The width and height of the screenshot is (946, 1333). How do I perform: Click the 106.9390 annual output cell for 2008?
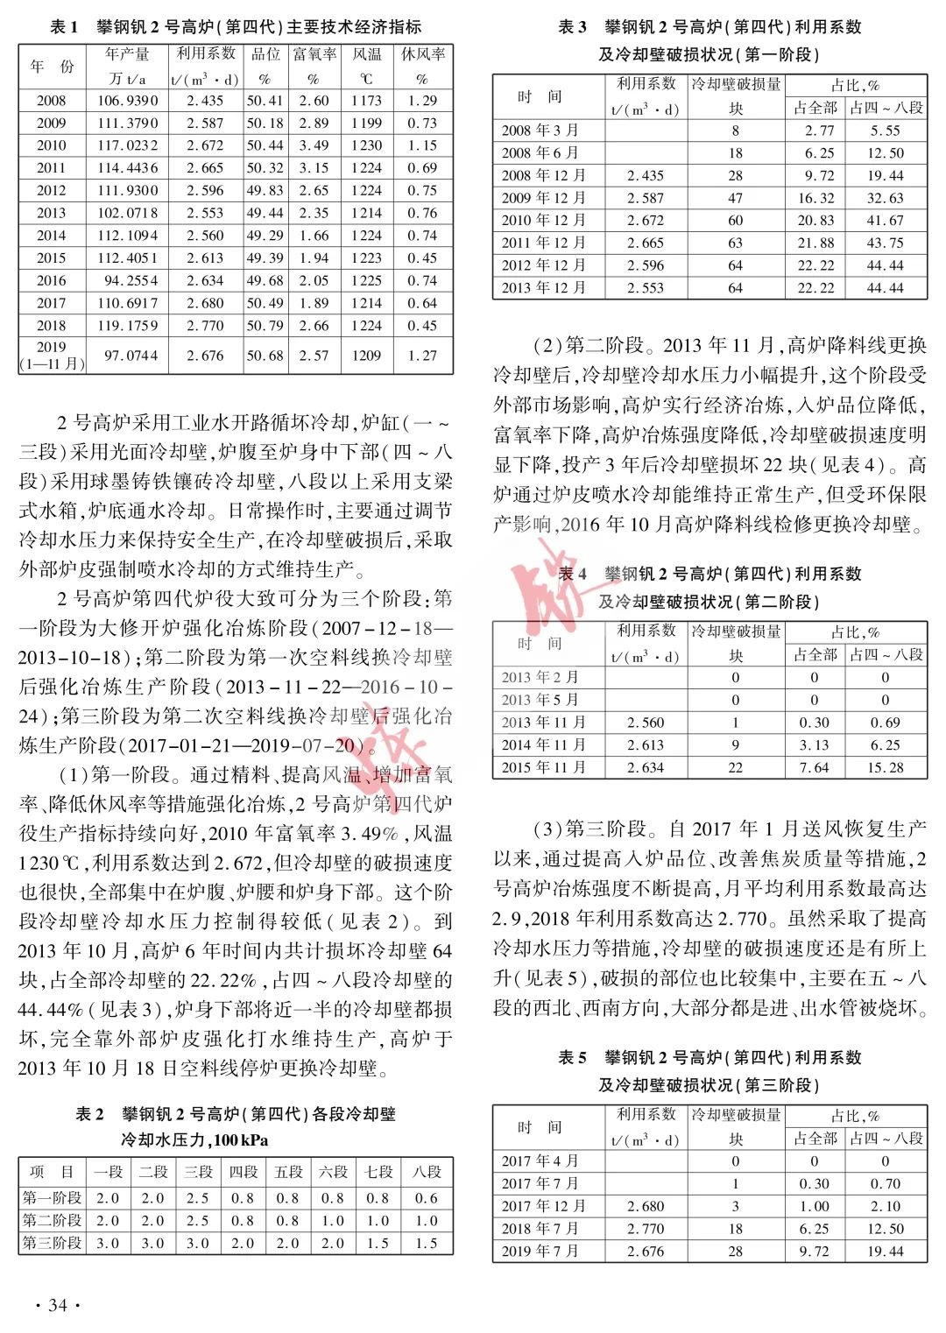(x=128, y=101)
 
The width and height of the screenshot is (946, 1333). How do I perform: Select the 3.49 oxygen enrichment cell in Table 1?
(x=314, y=145)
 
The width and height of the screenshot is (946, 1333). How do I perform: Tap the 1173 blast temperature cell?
(x=366, y=101)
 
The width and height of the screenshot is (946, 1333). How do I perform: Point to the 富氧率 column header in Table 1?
(x=314, y=54)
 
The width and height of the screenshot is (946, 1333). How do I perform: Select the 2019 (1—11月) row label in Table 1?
(x=52, y=355)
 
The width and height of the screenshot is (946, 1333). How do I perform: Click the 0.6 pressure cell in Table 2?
(x=427, y=1198)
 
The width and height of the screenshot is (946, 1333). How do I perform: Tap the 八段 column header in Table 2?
(x=427, y=1172)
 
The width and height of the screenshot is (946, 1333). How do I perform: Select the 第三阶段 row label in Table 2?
(x=53, y=1243)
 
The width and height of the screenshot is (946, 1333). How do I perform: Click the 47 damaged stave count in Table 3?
(x=735, y=198)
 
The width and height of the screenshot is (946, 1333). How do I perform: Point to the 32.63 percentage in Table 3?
(x=885, y=198)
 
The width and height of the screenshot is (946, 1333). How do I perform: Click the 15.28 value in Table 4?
(x=885, y=767)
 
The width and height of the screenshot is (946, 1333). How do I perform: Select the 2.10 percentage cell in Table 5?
(x=885, y=1206)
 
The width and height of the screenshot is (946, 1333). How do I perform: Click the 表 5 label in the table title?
(x=573, y=1057)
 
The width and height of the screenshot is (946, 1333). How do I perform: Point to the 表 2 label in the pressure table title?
(x=89, y=1114)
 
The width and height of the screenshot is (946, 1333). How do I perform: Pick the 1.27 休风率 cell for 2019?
(x=422, y=356)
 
